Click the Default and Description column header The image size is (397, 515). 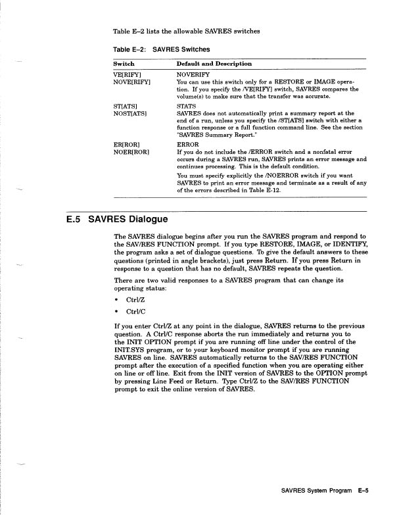coord(214,64)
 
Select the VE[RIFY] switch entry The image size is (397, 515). coord(129,75)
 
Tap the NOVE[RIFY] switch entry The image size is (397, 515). coord(133,82)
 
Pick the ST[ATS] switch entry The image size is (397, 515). coord(128,104)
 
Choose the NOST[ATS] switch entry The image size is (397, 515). coord(131,112)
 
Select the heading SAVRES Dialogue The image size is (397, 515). coord(128,218)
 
